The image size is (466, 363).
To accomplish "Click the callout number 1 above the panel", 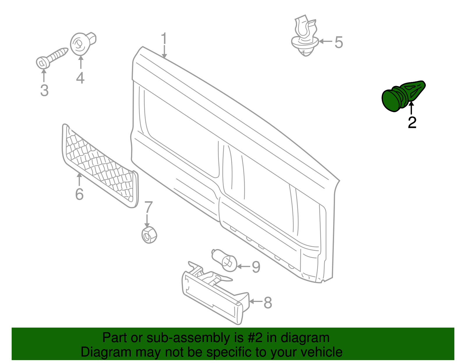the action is tap(164, 39).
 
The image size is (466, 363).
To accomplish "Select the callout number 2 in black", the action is tap(412, 122).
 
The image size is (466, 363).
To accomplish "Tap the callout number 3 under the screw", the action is tap(44, 90).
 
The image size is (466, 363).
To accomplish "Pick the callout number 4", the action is tap(80, 78).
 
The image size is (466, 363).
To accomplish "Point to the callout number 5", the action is tap(338, 42).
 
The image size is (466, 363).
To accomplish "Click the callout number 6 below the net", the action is tap(79, 194).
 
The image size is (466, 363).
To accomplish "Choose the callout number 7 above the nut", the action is tap(149, 207).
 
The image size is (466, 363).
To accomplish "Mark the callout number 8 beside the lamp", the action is tap(268, 303).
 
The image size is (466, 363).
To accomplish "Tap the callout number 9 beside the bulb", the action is tap(256, 267).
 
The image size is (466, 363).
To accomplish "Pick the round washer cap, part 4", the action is tap(81, 44).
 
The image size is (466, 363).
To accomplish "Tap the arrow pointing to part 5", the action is tap(326, 42).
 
